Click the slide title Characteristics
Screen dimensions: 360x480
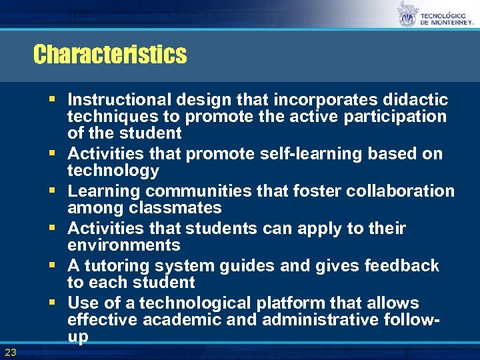pyautogui.click(x=110, y=54)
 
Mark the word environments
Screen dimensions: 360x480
pyautogui.click(x=124, y=245)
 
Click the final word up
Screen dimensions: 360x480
pyautogui.click(x=78, y=338)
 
